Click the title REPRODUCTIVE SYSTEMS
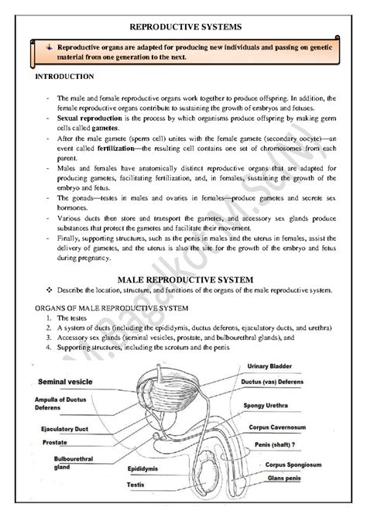[x=184, y=26]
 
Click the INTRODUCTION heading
[x=65, y=77]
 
